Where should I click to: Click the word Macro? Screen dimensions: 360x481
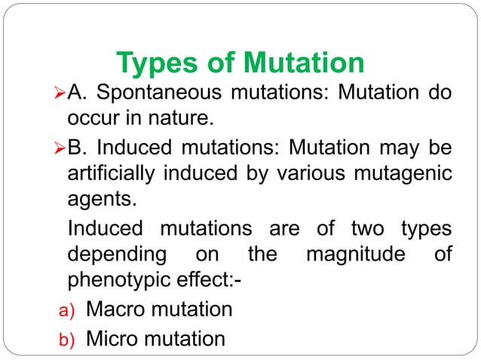click(119, 309)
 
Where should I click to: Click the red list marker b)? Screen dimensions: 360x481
click(68, 340)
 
